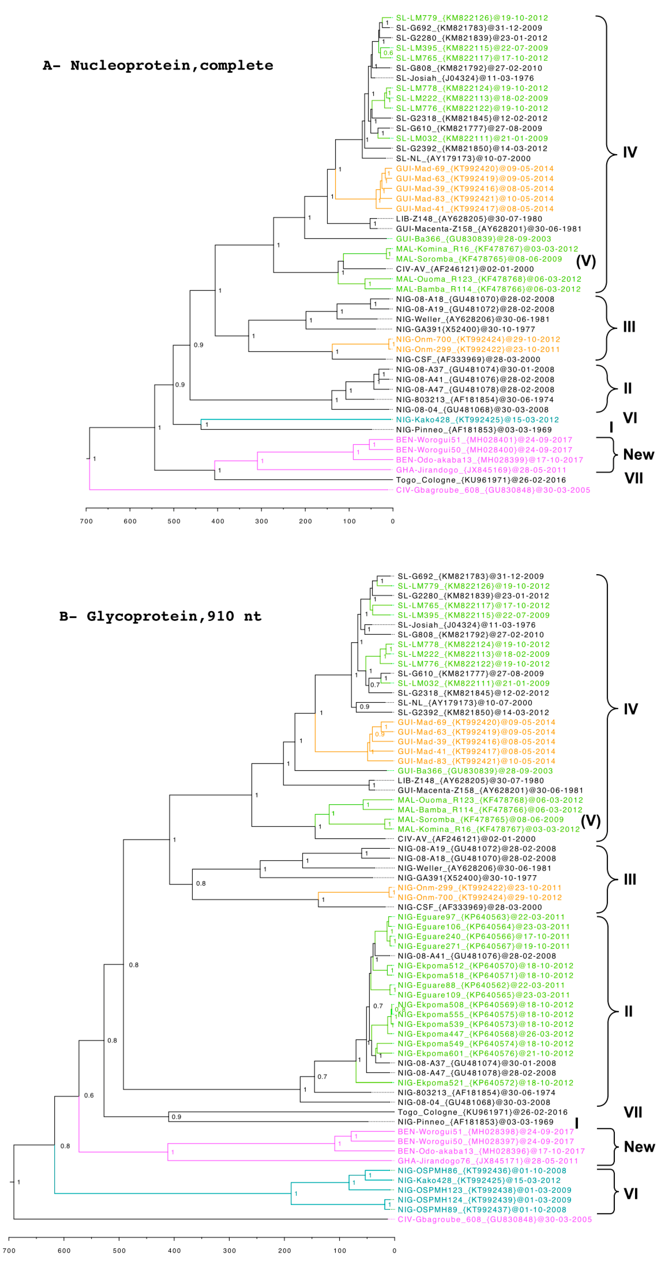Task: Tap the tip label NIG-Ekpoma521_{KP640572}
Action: click(485, 1083)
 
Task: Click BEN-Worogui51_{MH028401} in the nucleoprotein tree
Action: click(484, 440)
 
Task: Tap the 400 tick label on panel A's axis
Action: click(218, 521)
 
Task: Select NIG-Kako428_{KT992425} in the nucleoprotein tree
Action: click(477, 420)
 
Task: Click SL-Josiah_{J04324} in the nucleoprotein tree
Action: click(465, 78)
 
